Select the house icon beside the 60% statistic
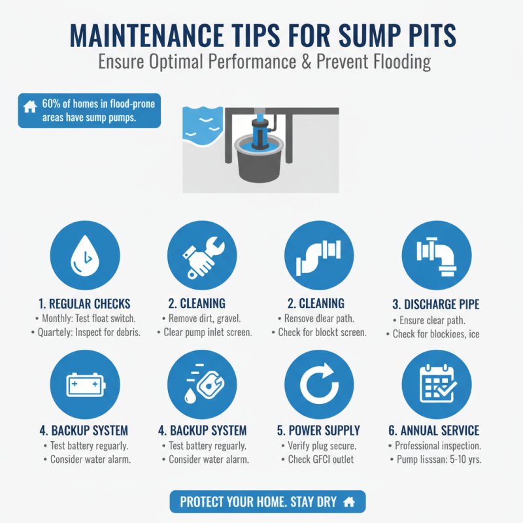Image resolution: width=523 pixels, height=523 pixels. click(29, 106)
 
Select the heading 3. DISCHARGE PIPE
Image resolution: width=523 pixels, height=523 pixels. click(435, 305)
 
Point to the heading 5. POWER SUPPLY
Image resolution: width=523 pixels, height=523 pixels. click(318, 431)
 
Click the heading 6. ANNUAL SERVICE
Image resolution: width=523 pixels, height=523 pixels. click(435, 431)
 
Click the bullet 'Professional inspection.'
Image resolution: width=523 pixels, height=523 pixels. click(437, 446)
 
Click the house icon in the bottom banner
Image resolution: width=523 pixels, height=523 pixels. click(349, 501)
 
